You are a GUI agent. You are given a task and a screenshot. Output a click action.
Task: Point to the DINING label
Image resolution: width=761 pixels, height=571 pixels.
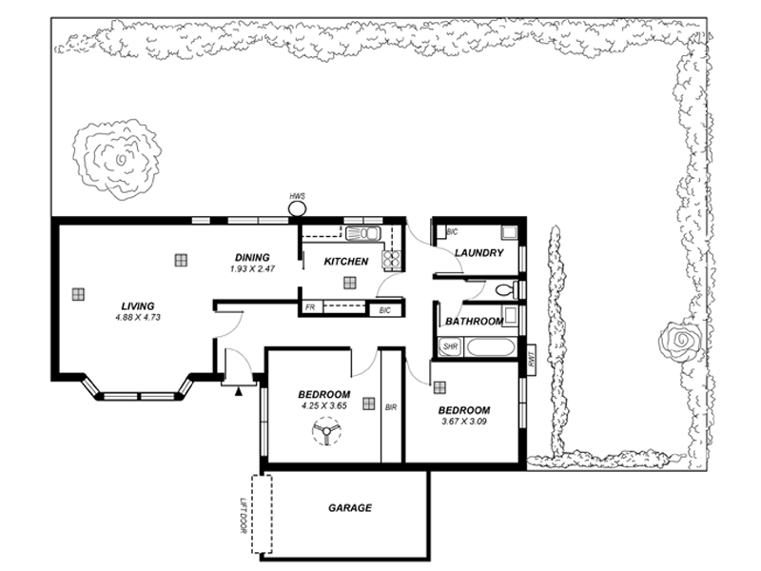point(252,257)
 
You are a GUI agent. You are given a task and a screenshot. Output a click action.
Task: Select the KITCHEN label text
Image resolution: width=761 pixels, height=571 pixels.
point(345,262)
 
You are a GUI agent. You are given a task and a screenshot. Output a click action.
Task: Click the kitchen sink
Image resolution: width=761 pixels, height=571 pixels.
point(362,234)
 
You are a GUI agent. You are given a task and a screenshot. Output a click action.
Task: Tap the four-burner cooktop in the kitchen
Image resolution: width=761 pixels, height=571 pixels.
point(390,259)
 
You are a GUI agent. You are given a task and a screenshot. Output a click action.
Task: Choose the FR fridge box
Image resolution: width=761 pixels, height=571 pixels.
point(310,308)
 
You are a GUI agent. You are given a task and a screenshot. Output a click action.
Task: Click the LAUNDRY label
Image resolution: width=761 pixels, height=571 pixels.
point(478,253)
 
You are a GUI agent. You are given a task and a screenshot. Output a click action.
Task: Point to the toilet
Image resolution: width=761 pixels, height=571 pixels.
point(507,288)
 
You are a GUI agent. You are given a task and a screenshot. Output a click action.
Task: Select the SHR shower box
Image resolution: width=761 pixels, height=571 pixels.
point(450,347)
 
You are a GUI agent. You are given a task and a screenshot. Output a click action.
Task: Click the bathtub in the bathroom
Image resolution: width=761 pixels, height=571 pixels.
point(492,347)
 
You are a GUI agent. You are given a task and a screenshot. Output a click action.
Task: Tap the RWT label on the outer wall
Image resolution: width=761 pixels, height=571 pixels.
point(531,360)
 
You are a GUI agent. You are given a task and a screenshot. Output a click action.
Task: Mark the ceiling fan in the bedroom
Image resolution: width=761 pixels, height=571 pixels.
point(326,436)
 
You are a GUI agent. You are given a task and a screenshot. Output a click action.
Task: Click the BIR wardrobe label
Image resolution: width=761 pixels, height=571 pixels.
point(391,407)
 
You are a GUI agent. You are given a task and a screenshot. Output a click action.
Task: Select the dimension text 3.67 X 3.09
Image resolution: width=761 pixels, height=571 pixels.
point(463,422)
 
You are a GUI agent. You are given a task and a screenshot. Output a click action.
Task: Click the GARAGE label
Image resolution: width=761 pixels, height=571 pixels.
point(349,508)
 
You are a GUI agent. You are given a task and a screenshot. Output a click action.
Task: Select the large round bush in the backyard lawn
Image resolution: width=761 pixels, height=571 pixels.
point(119,160)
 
